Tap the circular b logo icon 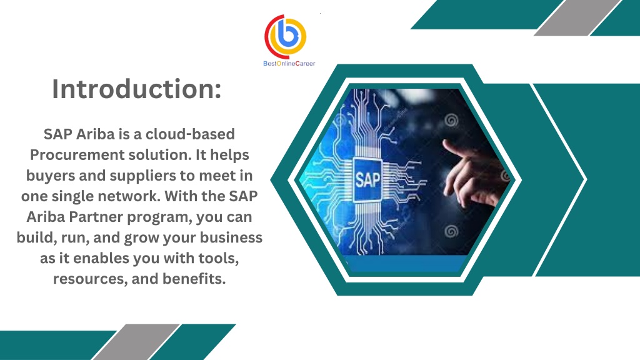pos(285,37)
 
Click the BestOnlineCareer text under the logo pos(289,64)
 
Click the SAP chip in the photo pos(367,179)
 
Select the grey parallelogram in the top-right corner pos(578,18)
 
